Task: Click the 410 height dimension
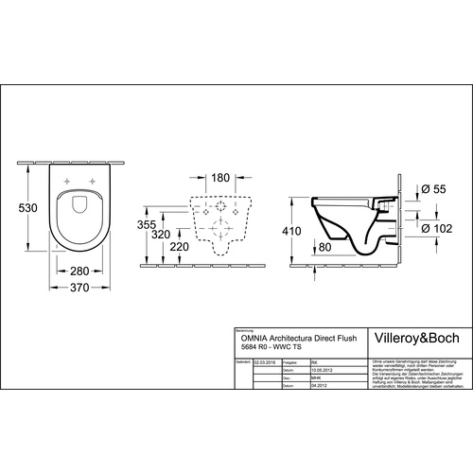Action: [293, 230]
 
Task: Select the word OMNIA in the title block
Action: [250, 336]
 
